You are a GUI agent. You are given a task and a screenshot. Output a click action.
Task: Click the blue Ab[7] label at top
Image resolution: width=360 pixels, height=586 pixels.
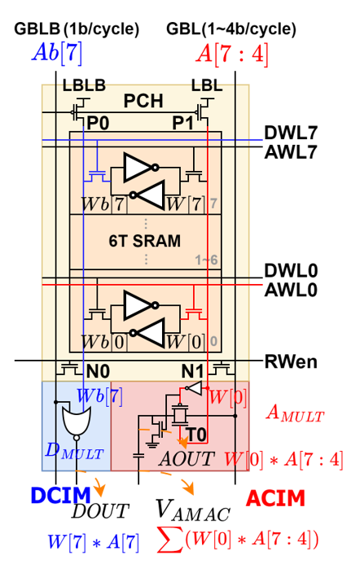pos(56,53)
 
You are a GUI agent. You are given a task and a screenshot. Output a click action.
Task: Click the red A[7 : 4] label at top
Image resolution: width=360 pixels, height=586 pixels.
pos(232,55)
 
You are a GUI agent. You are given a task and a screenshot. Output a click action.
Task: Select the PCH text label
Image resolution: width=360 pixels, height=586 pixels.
pos(143,102)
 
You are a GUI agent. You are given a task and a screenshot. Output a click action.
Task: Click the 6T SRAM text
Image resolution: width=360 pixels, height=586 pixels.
pos(144,241)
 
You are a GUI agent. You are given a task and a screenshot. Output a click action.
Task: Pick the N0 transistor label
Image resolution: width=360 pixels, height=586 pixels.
pos(98,371)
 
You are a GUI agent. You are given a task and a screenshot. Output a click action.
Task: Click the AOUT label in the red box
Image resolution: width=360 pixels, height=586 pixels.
pos(186,459)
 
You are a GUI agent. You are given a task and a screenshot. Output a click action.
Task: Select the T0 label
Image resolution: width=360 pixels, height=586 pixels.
pos(198,434)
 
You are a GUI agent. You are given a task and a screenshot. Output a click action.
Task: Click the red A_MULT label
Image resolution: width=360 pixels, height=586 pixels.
pos(295,413)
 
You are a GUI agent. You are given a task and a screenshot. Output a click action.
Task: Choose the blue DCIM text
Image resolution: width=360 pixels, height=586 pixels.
pos(60,496)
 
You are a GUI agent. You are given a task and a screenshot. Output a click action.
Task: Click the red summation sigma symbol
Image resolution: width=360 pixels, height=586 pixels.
pos(170,540)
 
